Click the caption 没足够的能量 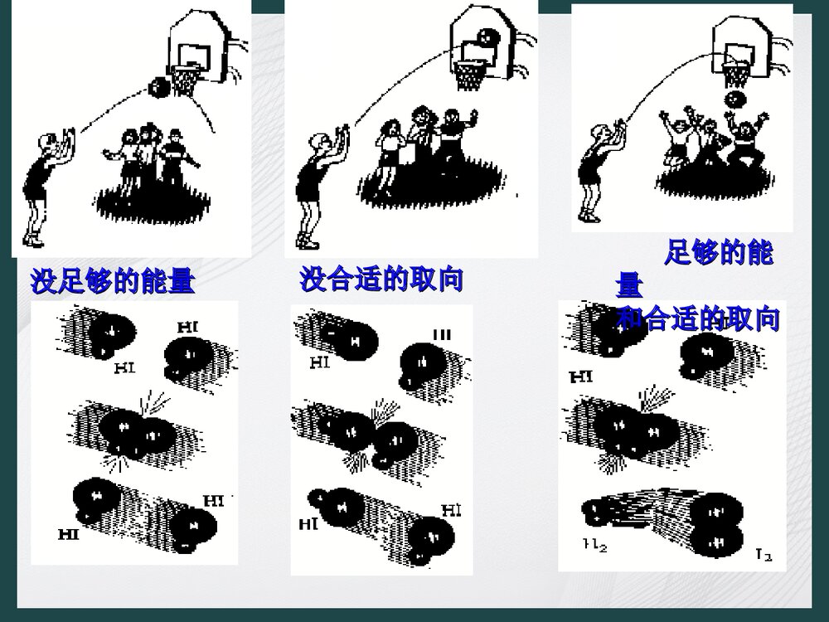tap(113, 283)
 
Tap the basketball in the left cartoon tap(158, 87)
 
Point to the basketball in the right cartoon tap(734, 99)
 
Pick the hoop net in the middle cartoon tap(471, 75)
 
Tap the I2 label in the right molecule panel tap(763, 551)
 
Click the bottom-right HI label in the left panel tap(214, 501)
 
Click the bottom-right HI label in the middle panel tap(452, 509)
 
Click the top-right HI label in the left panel tap(188, 328)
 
